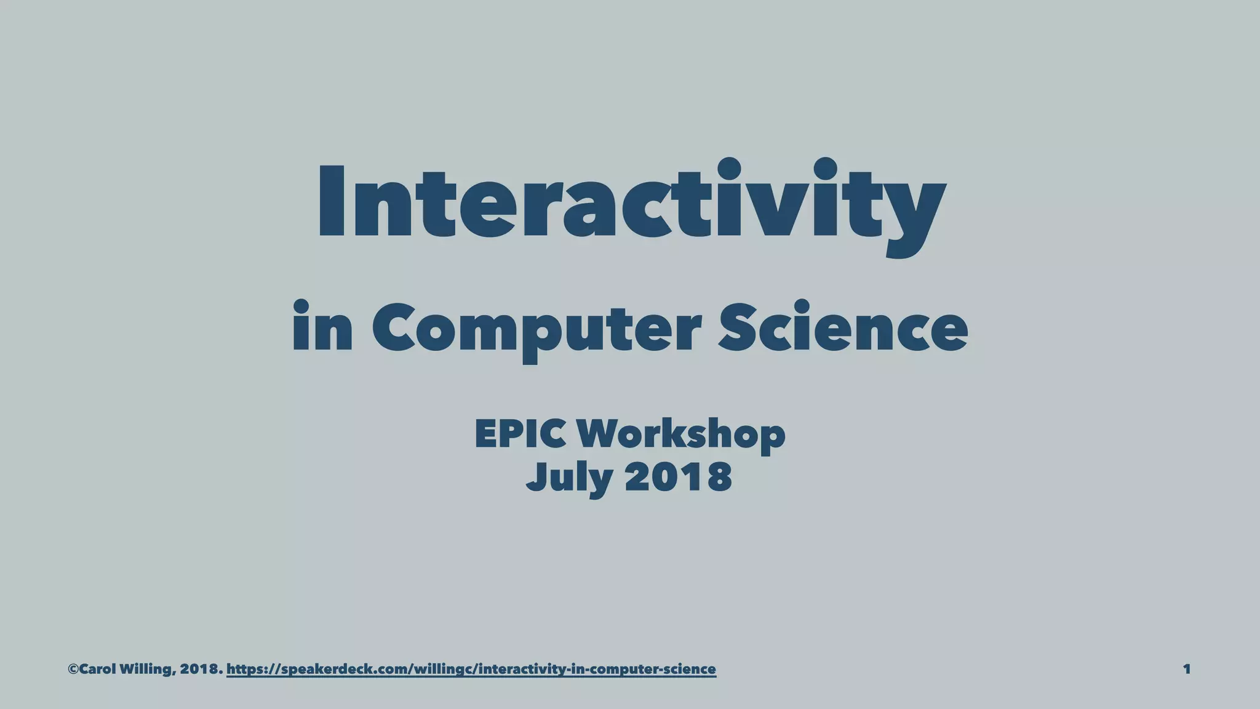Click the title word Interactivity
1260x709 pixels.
pos(630,203)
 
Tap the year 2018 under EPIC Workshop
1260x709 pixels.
pos(678,477)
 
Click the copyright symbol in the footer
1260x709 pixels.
pos(73,669)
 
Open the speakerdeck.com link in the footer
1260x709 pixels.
pos(471,669)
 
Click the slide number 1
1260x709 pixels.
pos(1187,669)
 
